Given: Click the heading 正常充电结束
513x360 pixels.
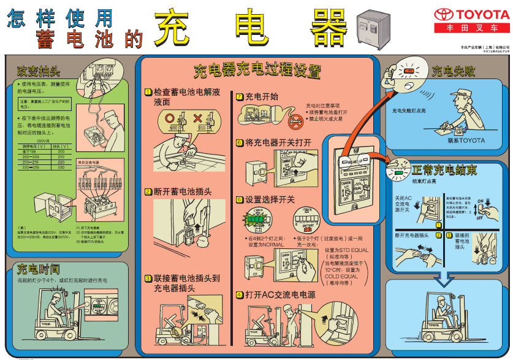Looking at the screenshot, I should point(444,170).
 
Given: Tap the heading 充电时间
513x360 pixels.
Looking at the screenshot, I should point(38,269).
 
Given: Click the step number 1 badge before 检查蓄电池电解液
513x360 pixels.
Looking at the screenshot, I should point(148,92).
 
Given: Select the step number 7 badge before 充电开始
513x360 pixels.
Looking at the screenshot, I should point(240,96).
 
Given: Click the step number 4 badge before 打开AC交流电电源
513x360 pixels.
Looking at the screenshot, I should point(240,295).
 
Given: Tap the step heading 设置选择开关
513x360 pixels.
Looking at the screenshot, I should point(270,200).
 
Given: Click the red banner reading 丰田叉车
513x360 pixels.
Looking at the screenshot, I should point(472,28).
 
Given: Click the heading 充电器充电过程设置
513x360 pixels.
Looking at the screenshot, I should point(257,71).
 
